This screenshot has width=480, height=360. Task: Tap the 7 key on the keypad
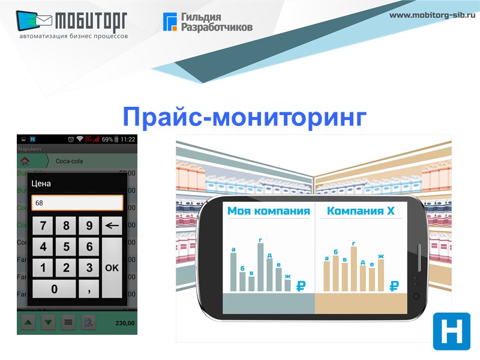click(43, 226)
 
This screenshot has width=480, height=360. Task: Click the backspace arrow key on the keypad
click(112, 226)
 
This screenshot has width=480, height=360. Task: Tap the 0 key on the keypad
click(54, 289)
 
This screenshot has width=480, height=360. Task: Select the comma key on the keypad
click(89, 289)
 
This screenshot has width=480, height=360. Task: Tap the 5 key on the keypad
click(66, 247)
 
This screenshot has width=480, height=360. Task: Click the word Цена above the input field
click(41, 184)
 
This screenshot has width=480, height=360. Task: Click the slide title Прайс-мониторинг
click(244, 116)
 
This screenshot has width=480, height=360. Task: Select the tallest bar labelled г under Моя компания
click(260, 267)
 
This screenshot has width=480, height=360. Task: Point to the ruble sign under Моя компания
click(301, 286)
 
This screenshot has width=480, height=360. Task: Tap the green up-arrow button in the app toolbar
click(28, 322)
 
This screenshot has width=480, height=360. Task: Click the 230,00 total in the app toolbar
click(125, 323)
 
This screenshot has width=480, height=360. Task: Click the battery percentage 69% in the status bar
click(107, 139)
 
